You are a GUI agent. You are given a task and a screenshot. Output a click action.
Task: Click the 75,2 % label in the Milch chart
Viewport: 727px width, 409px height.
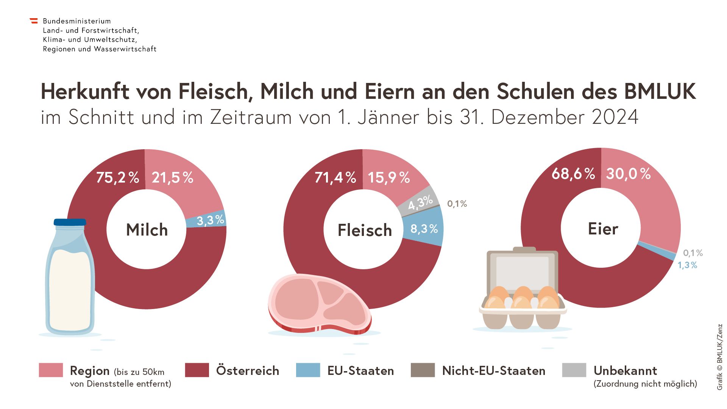coord(117,177)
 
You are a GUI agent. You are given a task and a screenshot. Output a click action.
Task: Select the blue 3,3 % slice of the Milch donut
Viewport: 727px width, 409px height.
coord(211,220)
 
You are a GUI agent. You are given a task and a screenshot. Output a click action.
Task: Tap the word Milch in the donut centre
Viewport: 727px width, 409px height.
coord(147,230)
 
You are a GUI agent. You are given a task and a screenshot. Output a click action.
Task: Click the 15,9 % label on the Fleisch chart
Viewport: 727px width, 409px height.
coord(389,177)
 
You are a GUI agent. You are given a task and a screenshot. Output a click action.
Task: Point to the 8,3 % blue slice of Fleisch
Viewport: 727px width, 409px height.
coord(424,229)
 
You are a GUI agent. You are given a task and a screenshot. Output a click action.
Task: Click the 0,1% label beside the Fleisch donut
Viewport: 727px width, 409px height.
coord(457,204)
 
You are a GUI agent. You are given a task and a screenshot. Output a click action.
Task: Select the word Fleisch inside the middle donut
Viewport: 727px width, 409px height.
coord(365,230)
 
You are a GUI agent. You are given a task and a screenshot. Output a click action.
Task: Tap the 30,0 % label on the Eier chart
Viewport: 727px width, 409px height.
coord(628,174)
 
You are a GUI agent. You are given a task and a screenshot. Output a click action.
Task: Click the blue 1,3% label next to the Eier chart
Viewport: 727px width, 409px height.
coord(687,265)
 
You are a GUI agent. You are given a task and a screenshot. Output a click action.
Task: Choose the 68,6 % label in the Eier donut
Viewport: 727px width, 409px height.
coord(573,174)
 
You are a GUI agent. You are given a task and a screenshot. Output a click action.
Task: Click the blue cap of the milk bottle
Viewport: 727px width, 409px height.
coord(70,222)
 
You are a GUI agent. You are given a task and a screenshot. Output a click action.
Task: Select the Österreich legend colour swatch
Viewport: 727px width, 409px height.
coord(197,370)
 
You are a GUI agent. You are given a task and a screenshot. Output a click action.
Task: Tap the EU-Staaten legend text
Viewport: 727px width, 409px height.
coord(360,370)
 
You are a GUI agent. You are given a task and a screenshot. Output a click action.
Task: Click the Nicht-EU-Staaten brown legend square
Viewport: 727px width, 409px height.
coord(423,370)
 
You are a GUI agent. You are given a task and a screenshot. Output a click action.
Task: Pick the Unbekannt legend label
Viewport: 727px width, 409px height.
coord(625,370)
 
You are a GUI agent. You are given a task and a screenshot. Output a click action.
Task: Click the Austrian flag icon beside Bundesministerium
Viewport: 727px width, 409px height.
coord(34,21)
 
